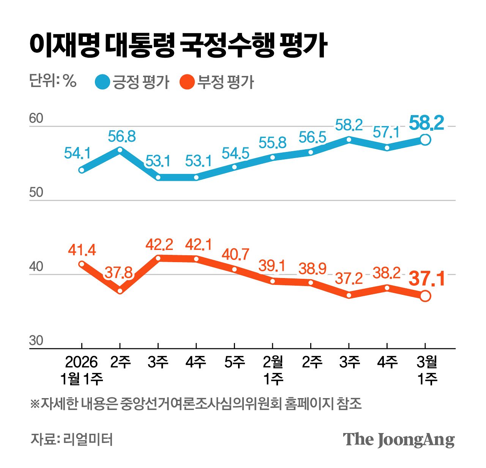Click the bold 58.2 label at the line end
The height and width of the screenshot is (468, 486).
[426, 123]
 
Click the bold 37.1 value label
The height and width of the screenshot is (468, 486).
[426, 279]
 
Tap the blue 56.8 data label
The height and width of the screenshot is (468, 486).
[121, 136]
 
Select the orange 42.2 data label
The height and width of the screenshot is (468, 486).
[159, 245]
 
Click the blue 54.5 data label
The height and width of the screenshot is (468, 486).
[235, 153]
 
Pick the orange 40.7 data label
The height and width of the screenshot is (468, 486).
[235, 255]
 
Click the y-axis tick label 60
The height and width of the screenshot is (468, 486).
[36, 119]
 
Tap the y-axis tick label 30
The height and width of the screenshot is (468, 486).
[36, 341]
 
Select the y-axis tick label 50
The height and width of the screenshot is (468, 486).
[36, 193]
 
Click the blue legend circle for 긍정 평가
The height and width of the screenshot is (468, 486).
[102, 82]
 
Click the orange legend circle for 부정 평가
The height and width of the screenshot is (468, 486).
[187, 82]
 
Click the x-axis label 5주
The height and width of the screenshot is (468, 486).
[235, 362]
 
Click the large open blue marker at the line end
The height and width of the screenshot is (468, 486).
[425, 140]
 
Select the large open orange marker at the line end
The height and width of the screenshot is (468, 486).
[425, 296]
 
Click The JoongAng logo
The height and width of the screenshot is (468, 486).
[399, 440]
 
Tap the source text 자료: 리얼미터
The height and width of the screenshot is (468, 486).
[71, 440]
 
